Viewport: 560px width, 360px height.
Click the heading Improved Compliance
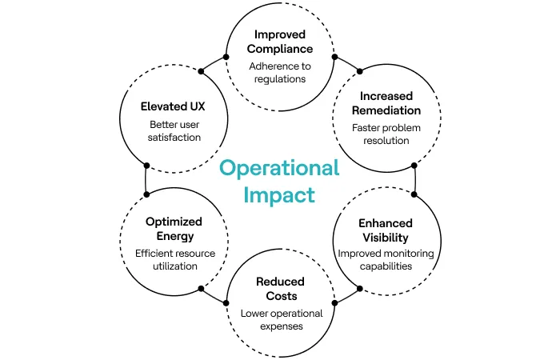(x=280, y=42)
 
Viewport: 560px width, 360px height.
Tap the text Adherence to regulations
(x=280, y=73)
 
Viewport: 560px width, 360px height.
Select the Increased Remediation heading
(x=386, y=103)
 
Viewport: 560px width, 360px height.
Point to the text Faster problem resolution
(x=386, y=134)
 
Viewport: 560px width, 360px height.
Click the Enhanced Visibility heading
(x=386, y=230)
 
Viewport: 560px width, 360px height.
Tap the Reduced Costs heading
(x=280, y=289)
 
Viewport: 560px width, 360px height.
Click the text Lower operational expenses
(x=280, y=320)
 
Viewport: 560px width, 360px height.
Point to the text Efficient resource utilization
(x=173, y=259)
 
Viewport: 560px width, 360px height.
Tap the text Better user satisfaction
(x=173, y=131)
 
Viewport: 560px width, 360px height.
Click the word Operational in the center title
(x=280, y=168)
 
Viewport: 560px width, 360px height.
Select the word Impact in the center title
(x=280, y=194)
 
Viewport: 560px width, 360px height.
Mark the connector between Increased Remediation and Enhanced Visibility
(x=414, y=180)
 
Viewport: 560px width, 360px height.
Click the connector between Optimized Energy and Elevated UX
(x=146, y=180)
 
